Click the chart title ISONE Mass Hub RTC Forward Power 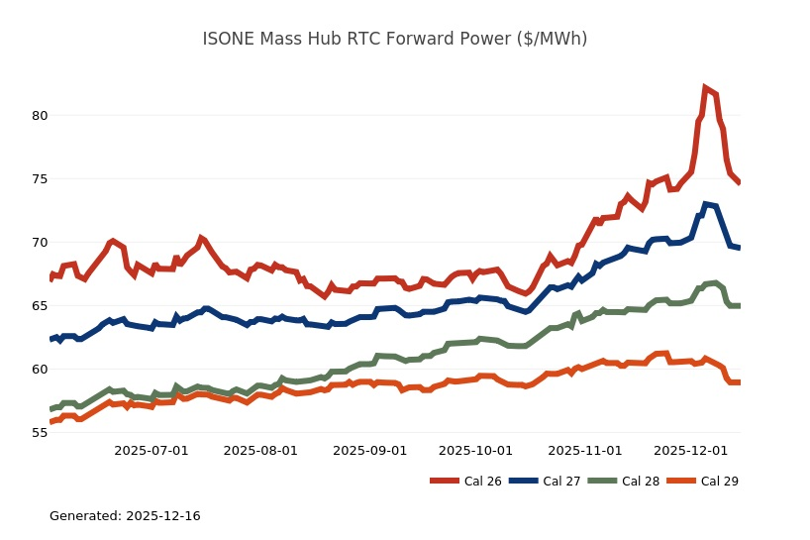tap(394, 39)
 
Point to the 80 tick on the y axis tap(39, 115)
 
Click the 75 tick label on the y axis tap(39, 179)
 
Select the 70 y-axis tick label tap(39, 243)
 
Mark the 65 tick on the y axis tap(39, 306)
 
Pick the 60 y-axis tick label tap(39, 370)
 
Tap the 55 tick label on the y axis tap(39, 433)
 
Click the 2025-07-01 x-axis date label tap(152, 450)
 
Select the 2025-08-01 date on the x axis tap(260, 450)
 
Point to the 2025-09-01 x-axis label tap(369, 450)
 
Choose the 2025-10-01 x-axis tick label tap(475, 450)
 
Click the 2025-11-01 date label tap(584, 450)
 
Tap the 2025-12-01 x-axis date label tap(690, 450)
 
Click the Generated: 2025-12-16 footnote tap(125, 516)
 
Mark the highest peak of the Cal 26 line tap(705, 88)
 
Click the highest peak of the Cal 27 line tap(706, 205)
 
